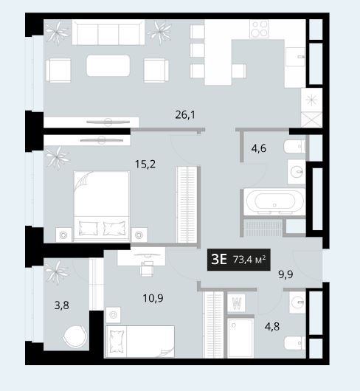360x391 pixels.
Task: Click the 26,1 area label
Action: (185, 115)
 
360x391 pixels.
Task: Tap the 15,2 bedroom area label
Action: (145, 165)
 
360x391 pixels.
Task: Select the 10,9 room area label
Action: (153, 298)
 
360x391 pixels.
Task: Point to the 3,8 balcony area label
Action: (61, 305)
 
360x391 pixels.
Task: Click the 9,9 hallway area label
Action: (285, 274)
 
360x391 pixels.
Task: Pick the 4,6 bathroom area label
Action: (258, 148)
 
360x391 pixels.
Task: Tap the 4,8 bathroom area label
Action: (272, 326)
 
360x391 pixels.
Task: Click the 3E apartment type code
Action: (219, 260)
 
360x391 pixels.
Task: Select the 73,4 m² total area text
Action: (249, 260)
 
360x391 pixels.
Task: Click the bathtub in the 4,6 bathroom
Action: (274, 201)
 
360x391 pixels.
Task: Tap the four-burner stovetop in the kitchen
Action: (259, 29)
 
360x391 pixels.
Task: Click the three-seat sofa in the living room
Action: (108, 32)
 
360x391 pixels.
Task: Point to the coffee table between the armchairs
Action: (108, 66)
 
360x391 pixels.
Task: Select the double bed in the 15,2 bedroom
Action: (102, 206)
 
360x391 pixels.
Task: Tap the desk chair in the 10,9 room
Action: (147, 269)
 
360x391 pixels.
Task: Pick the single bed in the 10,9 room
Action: (140, 342)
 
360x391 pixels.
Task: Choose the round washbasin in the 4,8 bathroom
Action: (298, 302)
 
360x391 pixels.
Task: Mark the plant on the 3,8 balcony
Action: (57, 271)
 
